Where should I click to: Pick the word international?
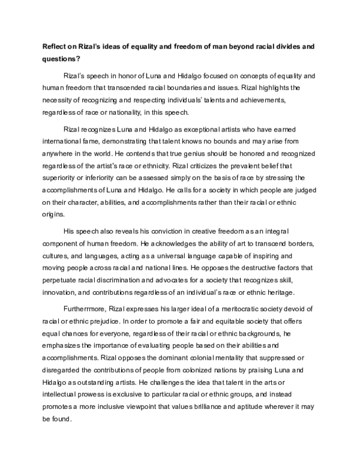[64, 143]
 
